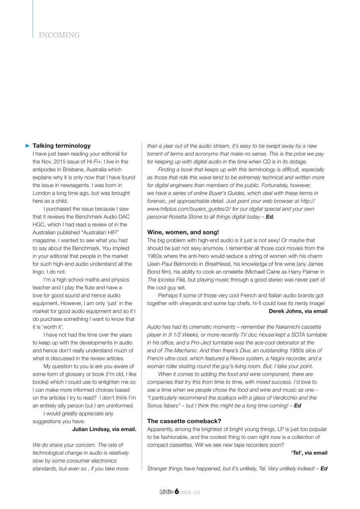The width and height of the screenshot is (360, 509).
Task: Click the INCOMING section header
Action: tap(59, 35)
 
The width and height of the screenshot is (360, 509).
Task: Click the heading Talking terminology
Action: tap(61, 146)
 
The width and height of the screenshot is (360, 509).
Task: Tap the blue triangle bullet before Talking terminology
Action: tap(28, 146)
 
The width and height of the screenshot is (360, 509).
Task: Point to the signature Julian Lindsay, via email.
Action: tap(104, 429)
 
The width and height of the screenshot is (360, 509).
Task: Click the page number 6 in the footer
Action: tap(177, 492)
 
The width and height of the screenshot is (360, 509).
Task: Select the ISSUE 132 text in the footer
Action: tap(190, 493)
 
